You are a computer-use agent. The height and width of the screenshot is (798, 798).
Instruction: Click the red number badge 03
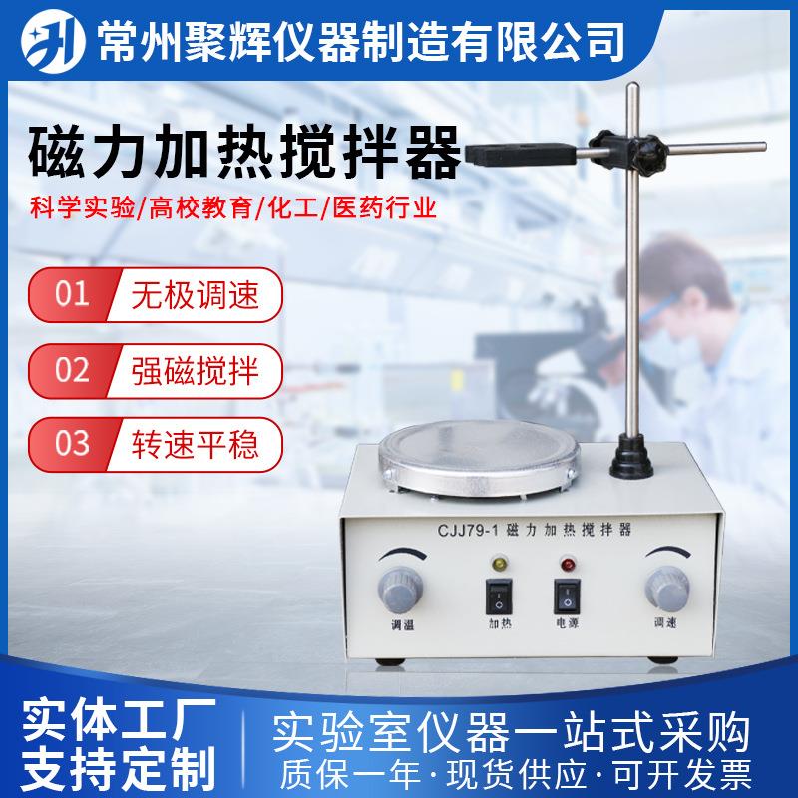click(72, 443)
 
